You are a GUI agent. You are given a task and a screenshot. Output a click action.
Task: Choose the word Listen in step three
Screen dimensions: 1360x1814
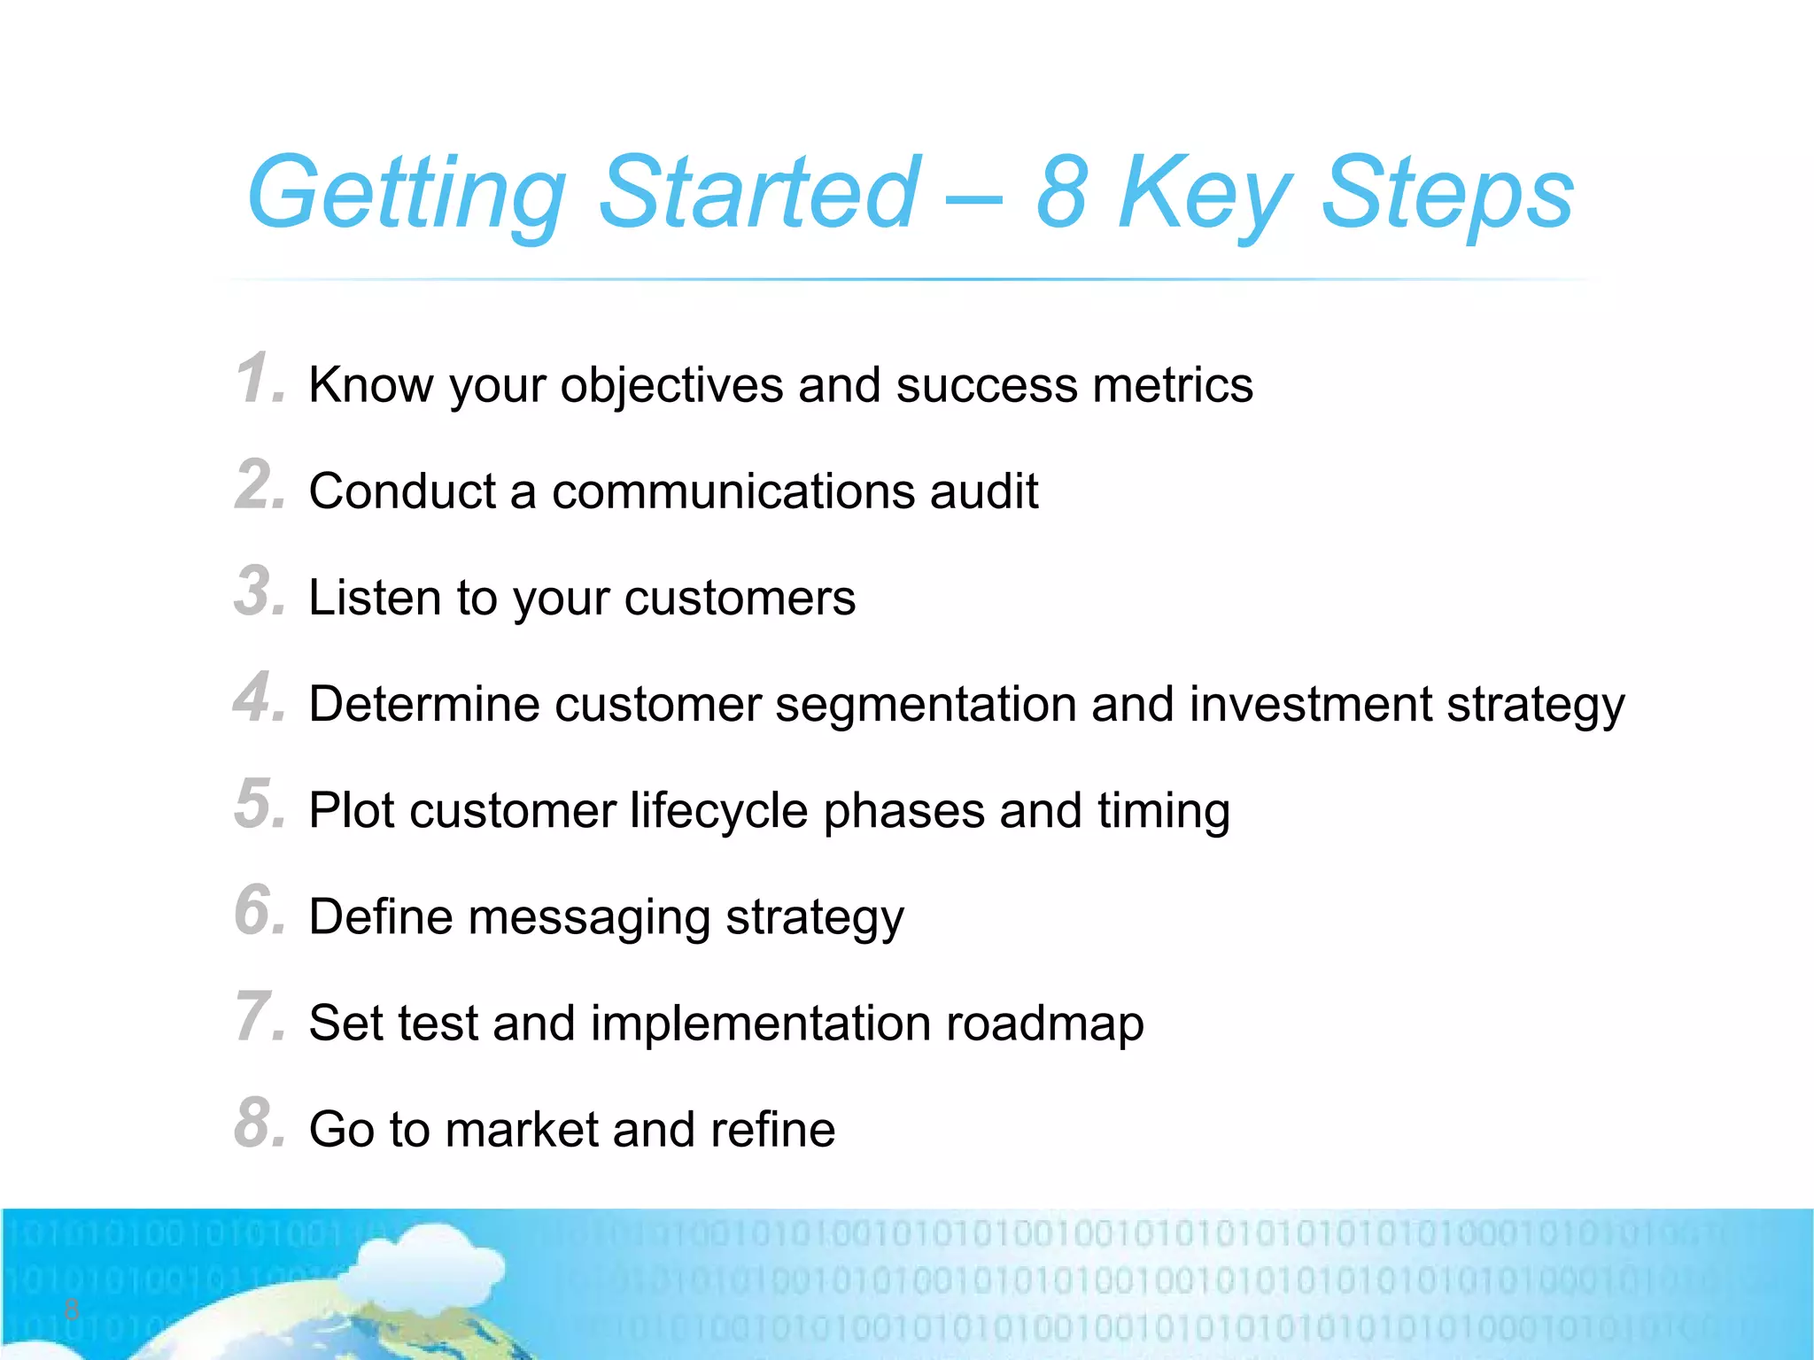[x=373, y=598]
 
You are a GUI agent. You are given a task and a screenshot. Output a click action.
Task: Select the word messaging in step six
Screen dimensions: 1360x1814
[x=589, y=918]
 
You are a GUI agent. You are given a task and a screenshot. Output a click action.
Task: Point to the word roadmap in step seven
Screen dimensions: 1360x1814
[x=1044, y=1024]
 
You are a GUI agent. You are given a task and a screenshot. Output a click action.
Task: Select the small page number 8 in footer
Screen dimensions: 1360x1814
[x=72, y=1310]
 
